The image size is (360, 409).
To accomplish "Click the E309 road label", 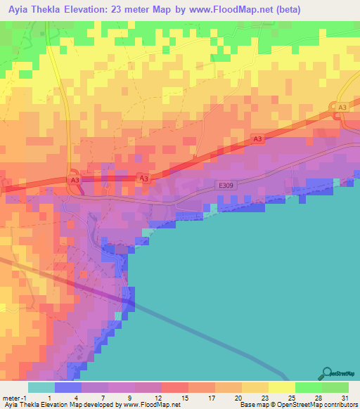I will (x=224, y=186).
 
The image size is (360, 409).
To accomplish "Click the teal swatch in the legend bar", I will (x=41, y=387).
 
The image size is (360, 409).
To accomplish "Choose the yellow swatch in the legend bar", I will (x=282, y=387).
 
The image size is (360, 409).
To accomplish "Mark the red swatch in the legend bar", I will (x=175, y=387).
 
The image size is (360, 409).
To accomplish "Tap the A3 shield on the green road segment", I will (x=342, y=106).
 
